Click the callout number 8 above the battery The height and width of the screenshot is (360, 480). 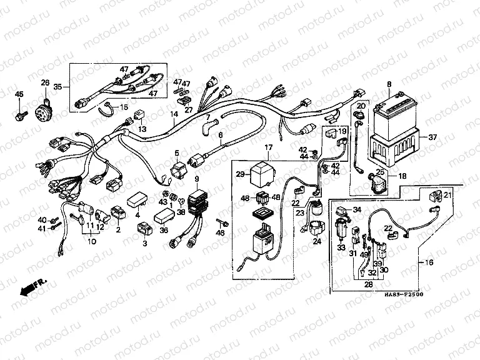[x=389, y=84]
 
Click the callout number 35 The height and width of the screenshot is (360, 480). [x=58, y=86]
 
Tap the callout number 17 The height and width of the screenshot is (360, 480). [x=269, y=149]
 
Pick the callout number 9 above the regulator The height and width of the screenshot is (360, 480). [x=197, y=180]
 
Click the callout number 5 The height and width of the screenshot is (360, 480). [x=177, y=152]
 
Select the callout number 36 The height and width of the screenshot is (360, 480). [x=164, y=229]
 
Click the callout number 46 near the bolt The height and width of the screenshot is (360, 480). [x=220, y=232]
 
